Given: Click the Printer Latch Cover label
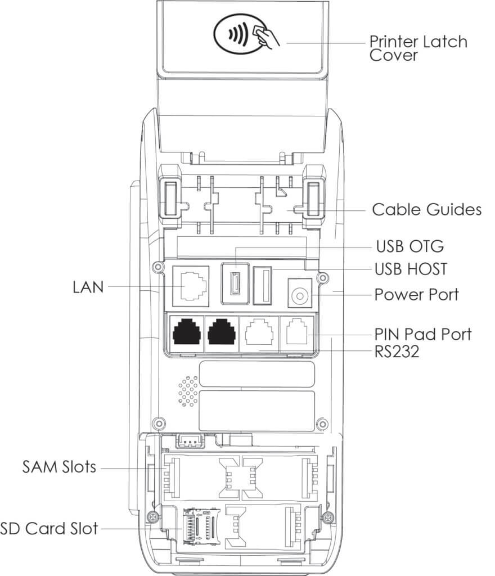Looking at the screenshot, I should pyautogui.click(x=417, y=48).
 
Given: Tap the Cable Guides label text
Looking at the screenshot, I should pyautogui.click(x=426, y=210).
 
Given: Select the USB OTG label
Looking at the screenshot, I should pyautogui.click(x=409, y=246).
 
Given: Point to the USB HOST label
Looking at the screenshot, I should pyautogui.click(x=411, y=269).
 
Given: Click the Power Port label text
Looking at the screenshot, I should pyautogui.click(x=416, y=294).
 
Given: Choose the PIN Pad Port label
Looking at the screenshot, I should pyautogui.click(x=422, y=334).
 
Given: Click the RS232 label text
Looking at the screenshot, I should pyautogui.click(x=397, y=352).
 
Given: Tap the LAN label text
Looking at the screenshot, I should pyautogui.click(x=88, y=287).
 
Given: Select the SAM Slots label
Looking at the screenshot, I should pyautogui.click(x=59, y=466).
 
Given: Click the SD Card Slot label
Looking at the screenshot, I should pyautogui.click(x=49, y=528).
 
